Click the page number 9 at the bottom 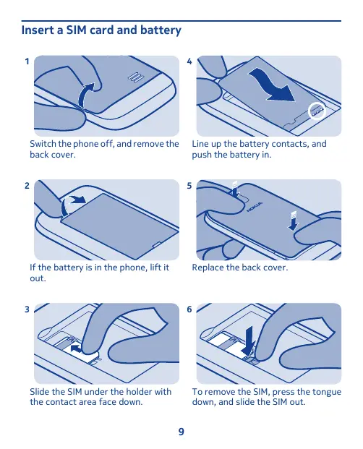click(x=181, y=432)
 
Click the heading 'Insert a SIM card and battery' click(x=101, y=30)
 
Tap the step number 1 click(x=27, y=61)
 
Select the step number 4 click(x=189, y=61)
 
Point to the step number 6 click(x=189, y=309)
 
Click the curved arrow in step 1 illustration click(x=83, y=95)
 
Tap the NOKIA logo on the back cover click(x=255, y=207)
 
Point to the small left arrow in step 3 click(x=76, y=348)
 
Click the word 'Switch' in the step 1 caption click(x=43, y=143)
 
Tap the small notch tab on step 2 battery click(x=157, y=244)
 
